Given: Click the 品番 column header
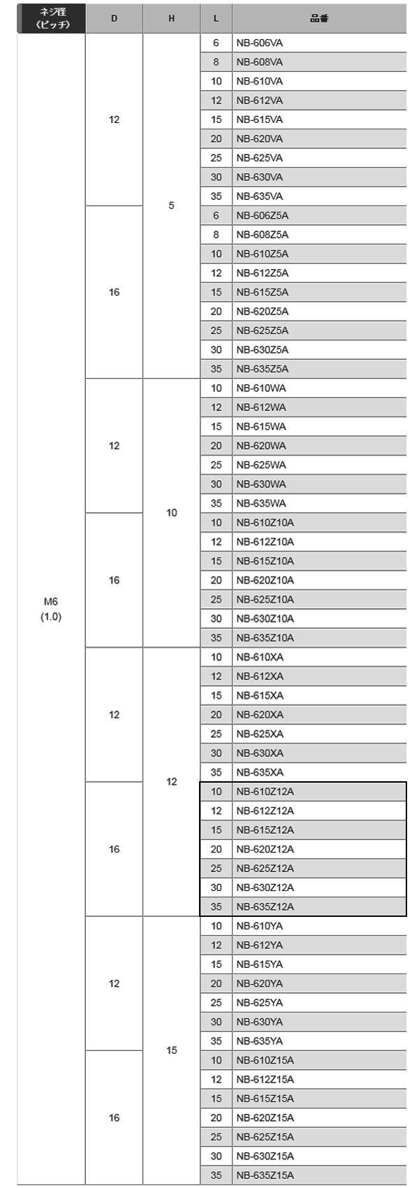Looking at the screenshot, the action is pos(319,19).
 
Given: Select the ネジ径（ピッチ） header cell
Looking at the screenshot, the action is pos(52,19).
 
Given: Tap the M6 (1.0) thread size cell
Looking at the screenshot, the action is pos(51,609).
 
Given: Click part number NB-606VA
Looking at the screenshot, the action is pos(260,43).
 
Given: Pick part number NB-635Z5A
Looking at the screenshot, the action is pos(262,369).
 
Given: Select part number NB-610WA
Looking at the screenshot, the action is pos(261,389).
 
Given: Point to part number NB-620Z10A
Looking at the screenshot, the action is pos(265,580).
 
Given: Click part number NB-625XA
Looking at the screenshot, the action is pos(260,734).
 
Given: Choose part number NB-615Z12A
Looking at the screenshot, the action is pos(265,830).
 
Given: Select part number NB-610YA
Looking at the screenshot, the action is pos(260,926).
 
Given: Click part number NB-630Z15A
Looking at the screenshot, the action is pos(265,1156).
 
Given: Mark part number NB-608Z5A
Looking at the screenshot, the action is pos(262,235).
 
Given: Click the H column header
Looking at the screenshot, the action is pos(172,19).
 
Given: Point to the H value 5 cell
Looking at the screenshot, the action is pos(172,205).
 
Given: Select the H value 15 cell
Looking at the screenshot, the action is pos(172,1050).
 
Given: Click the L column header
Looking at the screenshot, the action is pos(216,19).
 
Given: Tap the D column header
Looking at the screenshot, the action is pos(115,19).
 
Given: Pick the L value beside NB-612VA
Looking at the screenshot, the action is pos(216,100).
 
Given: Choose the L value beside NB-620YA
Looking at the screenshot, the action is pos(216,983).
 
